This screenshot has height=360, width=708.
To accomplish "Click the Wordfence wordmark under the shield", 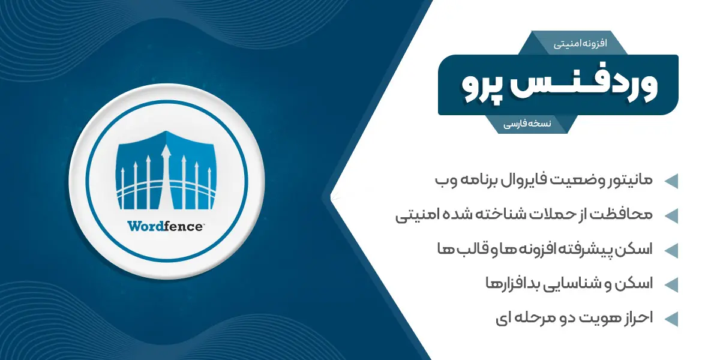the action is point(166,226).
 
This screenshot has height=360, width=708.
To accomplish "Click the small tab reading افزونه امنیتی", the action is point(580,43).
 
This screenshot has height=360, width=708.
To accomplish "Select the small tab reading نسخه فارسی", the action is point(527,124).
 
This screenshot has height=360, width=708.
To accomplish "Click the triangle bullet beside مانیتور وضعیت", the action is point(671,181).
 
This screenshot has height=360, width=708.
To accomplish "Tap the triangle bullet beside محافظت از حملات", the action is point(671,216).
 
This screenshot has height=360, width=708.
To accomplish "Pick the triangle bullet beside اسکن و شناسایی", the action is point(671,285).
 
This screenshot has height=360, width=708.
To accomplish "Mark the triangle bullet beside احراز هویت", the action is point(671,319).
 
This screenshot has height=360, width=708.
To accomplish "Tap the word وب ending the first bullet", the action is point(445,181).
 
